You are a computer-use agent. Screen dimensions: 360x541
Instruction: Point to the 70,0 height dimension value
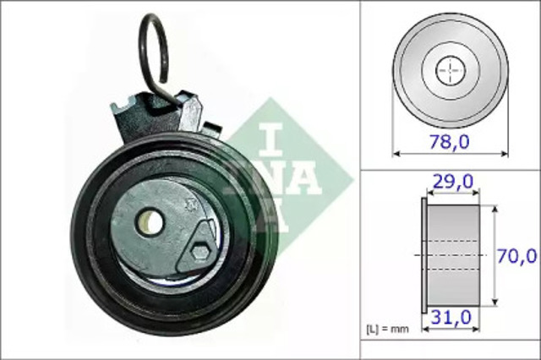(516, 254)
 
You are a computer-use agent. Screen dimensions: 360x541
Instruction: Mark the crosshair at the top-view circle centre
(450, 69)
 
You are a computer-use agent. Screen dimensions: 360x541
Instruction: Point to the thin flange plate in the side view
(424, 254)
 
